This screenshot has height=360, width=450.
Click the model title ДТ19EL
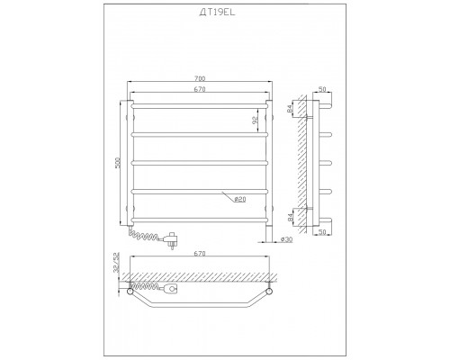point(218,13)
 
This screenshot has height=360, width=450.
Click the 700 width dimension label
point(200,78)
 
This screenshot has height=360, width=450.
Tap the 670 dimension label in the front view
point(200,89)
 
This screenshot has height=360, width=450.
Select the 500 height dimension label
point(118,163)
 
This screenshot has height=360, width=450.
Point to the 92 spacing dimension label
point(255,120)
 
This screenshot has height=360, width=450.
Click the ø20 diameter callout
point(239,199)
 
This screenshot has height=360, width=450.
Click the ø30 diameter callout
point(286,239)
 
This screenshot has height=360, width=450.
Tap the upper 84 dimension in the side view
point(290,109)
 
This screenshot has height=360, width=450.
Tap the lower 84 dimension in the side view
point(290,217)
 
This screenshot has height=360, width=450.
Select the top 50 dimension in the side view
point(322,89)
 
